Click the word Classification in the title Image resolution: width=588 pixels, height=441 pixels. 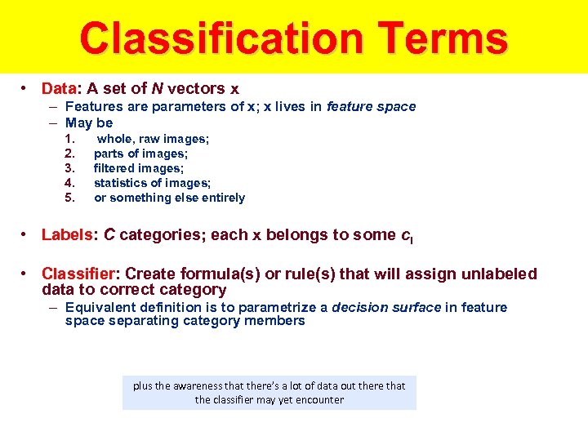[x=205, y=38]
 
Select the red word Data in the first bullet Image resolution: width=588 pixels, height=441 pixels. [x=58, y=88]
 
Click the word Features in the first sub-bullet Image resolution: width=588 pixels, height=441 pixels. [x=92, y=106]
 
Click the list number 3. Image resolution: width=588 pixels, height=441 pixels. [x=69, y=168]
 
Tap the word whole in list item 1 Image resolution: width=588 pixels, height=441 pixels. [x=114, y=139]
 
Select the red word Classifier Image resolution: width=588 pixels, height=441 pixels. [x=79, y=274]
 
